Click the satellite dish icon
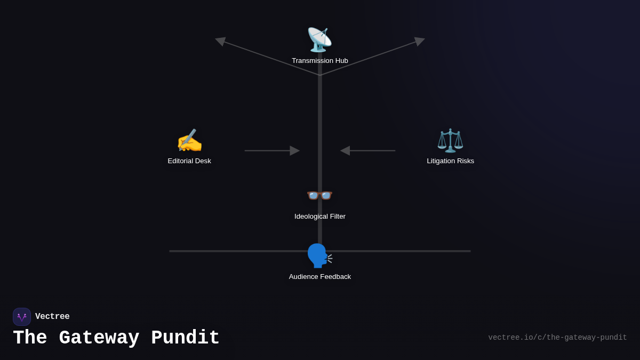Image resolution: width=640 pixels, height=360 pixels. tap(319, 39)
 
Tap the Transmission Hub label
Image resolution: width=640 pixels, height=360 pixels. tap(319, 61)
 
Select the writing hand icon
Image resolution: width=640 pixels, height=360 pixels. tap(189, 141)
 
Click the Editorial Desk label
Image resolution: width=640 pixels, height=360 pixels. tap(189, 161)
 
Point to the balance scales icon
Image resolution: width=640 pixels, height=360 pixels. tap(450, 141)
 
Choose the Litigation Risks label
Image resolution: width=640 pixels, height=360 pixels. tap(450, 161)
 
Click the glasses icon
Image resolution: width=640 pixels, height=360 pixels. tap(319, 195)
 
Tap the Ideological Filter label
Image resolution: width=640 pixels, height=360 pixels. tap(319, 217)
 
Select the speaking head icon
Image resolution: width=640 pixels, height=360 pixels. tap(319, 255)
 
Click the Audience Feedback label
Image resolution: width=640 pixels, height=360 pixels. tap(319, 277)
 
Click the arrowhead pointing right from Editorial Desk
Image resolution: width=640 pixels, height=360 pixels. tap(294, 150)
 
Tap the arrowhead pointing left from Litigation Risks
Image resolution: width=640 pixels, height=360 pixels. tap(346, 150)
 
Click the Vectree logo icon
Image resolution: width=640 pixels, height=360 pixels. tap(22, 317)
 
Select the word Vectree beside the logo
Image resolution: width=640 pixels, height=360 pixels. tap(52, 317)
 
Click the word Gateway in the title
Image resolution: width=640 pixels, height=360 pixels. tap(99, 338)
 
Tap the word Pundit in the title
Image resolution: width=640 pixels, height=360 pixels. tap(185, 338)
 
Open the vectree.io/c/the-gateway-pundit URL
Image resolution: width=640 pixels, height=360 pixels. tap(557, 338)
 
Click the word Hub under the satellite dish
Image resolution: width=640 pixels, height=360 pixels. tap(340, 61)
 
